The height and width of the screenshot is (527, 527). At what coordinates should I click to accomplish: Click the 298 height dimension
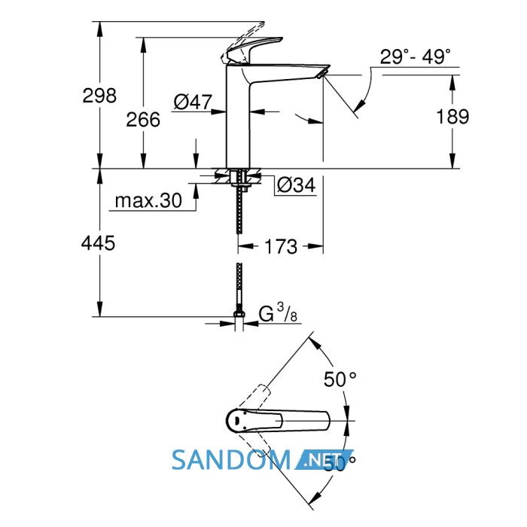pyautogui.click(x=99, y=96)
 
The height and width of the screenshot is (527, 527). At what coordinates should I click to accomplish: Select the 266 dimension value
pyautogui.click(x=143, y=120)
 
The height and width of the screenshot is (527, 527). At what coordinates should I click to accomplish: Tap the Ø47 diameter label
pyautogui.click(x=193, y=102)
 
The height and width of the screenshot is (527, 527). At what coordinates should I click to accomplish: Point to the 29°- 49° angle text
pyautogui.click(x=416, y=56)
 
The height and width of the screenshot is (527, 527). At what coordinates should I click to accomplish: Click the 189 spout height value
pyautogui.click(x=452, y=117)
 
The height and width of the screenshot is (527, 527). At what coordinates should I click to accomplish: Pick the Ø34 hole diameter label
pyautogui.click(x=297, y=184)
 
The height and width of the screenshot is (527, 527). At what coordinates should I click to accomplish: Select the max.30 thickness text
pyautogui.click(x=148, y=200)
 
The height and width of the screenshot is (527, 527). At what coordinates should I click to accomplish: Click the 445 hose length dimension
pyautogui.click(x=98, y=242)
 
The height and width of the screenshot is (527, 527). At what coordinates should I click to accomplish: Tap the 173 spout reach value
pyautogui.click(x=281, y=246)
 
